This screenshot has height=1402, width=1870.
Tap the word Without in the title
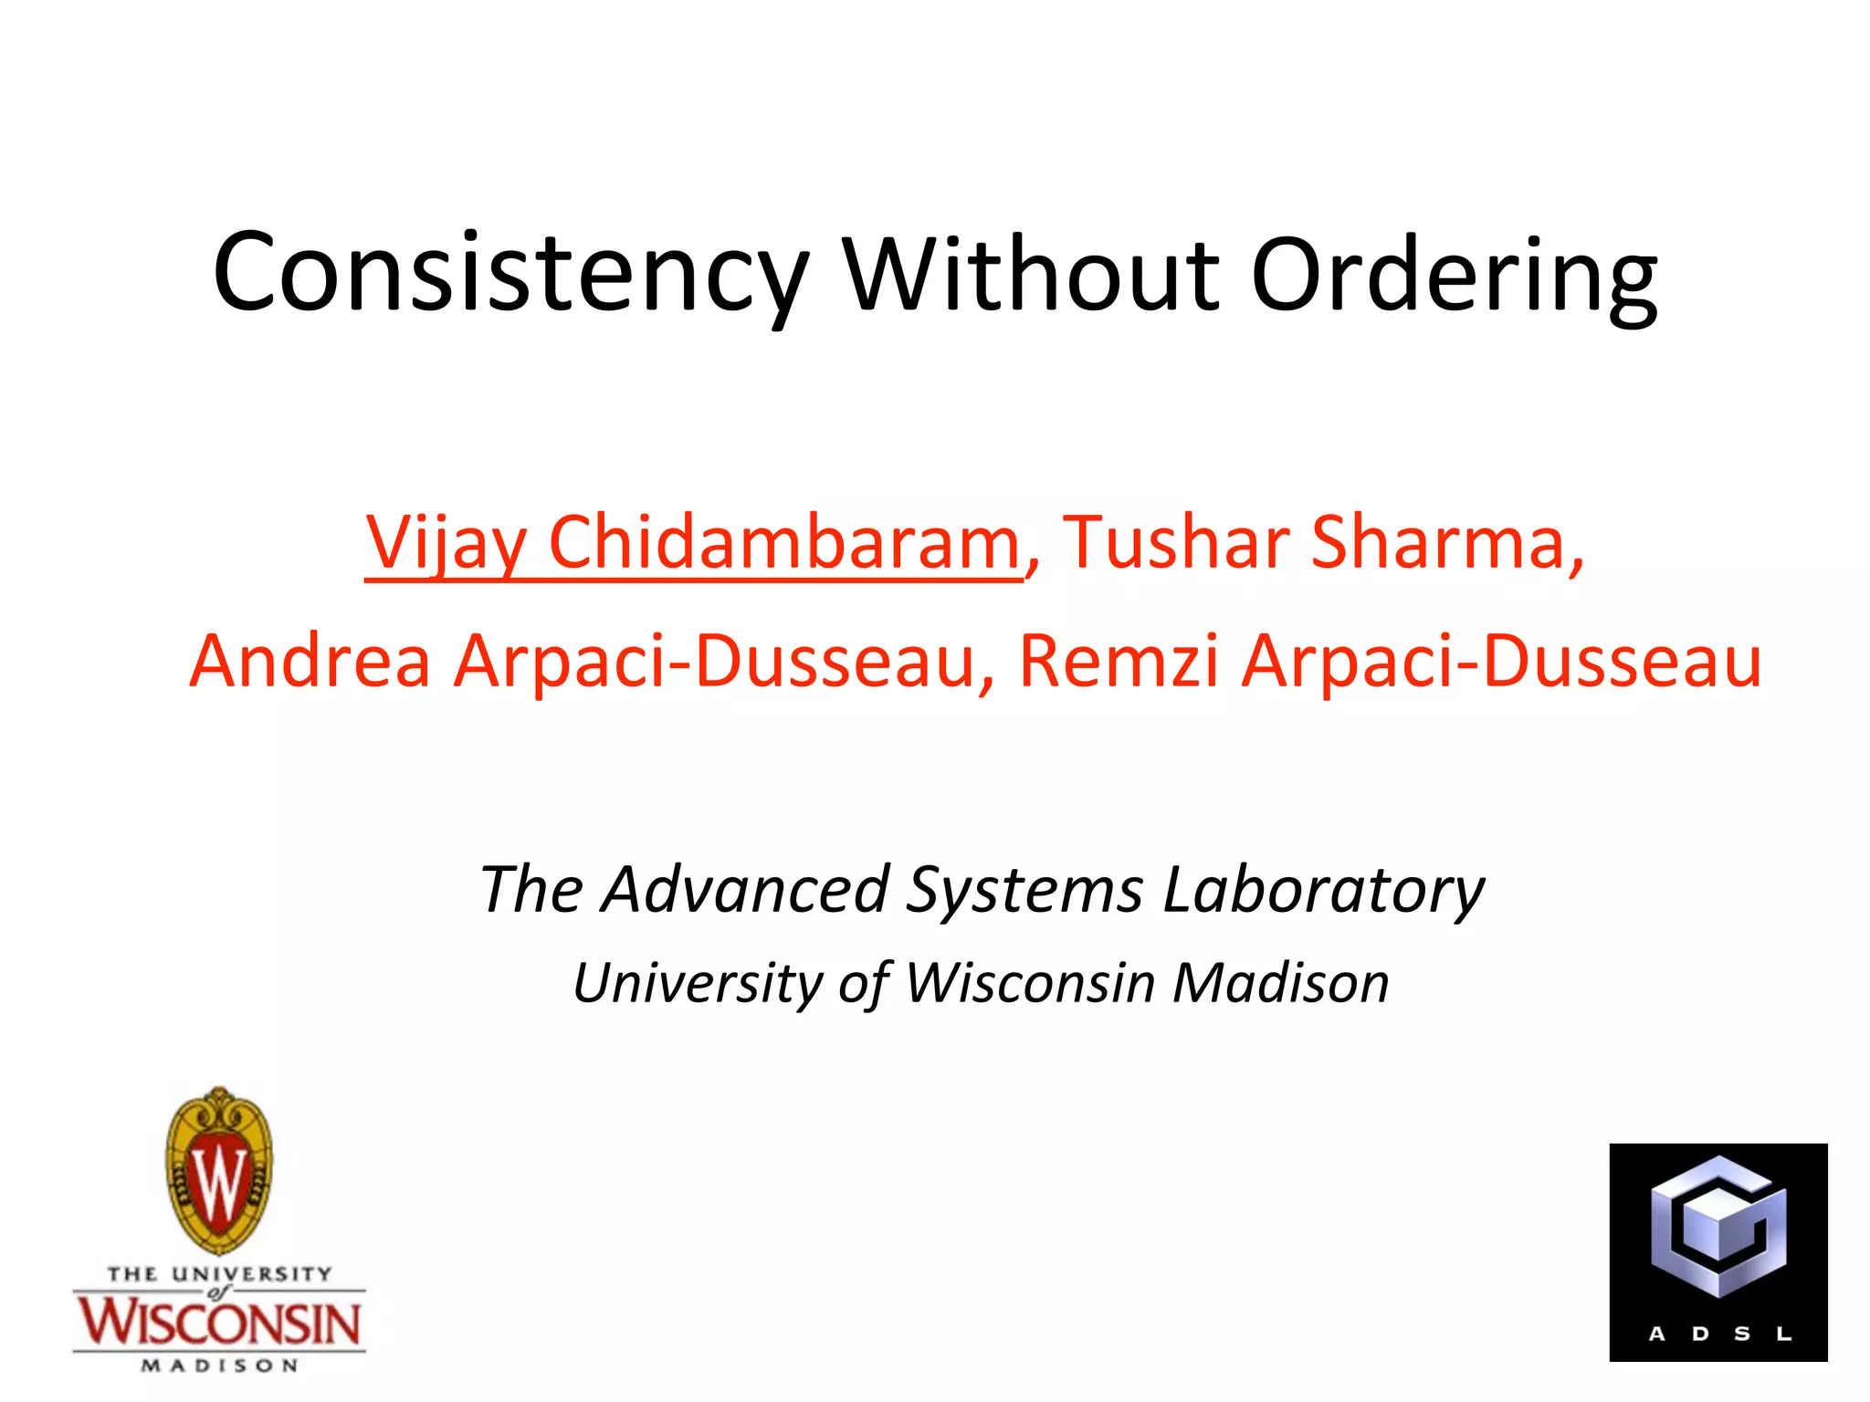[1031, 273]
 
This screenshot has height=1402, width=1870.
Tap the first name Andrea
[310, 660]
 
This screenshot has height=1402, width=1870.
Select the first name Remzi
[1119, 660]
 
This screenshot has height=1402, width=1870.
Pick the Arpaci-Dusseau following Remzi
[1501, 660]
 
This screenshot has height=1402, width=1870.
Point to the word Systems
[1024, 889]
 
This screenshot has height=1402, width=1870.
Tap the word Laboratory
[1324, 889]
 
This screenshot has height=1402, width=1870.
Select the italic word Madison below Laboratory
[1280, 983]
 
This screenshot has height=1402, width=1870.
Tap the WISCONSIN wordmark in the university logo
[219, 1323]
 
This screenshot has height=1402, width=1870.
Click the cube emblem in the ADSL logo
[1718, 1228]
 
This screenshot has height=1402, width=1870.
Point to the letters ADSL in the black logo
[1719, 1334]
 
